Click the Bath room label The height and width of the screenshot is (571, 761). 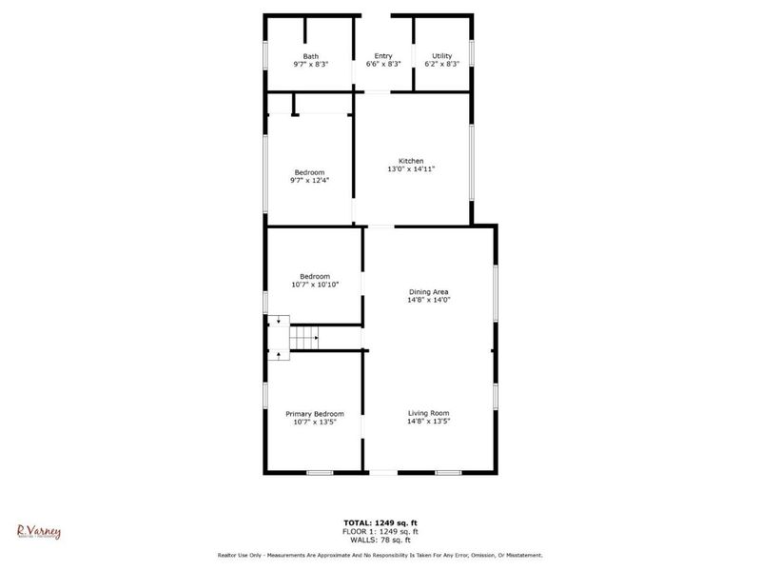(x=311, y=56)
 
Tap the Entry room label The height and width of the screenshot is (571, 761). (x=383, y=56)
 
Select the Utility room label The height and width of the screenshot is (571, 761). (x=442, y=56)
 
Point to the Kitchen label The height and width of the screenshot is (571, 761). (x=411, y=161)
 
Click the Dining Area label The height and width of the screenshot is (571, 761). (x=428, y=291)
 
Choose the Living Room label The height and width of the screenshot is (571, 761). (x=428, y=413)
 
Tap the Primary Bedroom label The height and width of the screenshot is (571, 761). (x=315, y=414)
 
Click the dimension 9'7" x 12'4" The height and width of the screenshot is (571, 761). (x=310, y=180)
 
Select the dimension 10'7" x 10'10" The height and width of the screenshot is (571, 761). (x=315, y=285)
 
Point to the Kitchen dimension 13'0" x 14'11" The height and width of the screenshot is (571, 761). (x=411, y=169)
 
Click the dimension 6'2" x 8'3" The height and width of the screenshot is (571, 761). (x=442, y=64)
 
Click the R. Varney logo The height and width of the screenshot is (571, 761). (x=39, y=531)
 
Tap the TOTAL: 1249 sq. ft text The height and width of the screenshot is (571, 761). (x=380, y=522)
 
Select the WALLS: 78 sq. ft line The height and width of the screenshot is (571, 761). (x=380, y=540)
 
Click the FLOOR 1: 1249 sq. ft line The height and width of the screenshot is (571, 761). (x=380, y=531)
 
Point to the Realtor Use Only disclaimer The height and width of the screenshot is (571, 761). (x=380, y=555)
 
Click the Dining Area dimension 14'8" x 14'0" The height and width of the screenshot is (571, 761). (x=428, y=300)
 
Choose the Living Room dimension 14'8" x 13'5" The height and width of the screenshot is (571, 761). (x=428, y=422)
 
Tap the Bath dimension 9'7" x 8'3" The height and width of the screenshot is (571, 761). (x=311, y=64)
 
